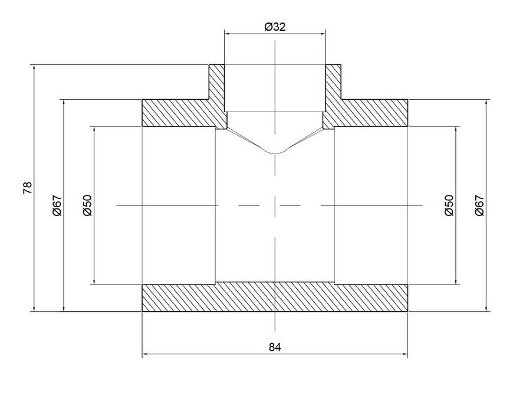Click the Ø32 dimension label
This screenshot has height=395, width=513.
[275, 27]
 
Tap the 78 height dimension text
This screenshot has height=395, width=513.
[28, 188]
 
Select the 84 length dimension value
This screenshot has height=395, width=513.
[275, 347]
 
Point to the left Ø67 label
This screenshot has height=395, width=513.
[57, 205]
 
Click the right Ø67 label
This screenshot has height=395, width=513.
[479, 205]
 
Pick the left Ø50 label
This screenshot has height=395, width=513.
[87, 205]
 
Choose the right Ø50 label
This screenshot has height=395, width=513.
[449, 205]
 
